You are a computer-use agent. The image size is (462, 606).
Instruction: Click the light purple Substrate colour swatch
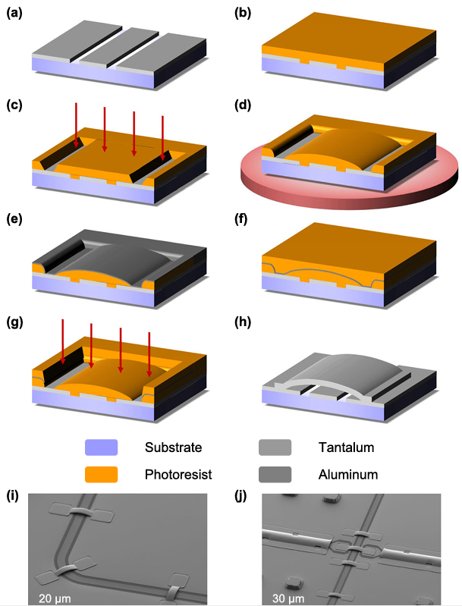(102, 447)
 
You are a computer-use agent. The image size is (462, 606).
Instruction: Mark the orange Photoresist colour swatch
(102, 475)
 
